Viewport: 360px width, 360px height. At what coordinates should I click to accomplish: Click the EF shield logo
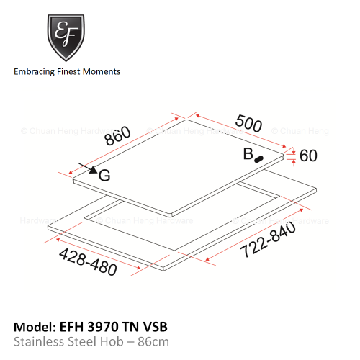coord(66,37)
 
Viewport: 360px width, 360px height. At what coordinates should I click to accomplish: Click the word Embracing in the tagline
coord(35,72)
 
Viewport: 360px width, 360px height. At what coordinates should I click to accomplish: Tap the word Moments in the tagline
coord(102,71)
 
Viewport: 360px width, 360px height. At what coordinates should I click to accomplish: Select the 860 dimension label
coord(118,135)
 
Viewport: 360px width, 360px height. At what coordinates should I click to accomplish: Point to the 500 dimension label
coord(248,124)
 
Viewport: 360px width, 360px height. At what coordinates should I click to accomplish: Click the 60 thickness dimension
coord(308,156)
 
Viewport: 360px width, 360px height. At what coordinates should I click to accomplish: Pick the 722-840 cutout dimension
coord(268,239)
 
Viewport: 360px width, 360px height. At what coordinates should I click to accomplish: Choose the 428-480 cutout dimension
coord(88,262)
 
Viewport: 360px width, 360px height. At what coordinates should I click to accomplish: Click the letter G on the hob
coord(104,176)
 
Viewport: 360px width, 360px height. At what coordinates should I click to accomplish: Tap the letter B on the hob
coord(248,154)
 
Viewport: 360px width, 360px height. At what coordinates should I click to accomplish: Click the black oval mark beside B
coord(258,159)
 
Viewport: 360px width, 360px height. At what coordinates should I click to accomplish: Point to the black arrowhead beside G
coord(94,170)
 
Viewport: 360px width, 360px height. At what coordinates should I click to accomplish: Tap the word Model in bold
coord(35,327)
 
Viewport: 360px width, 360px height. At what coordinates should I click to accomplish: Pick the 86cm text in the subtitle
coord(153,342)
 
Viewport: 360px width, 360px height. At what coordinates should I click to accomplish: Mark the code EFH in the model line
coord(71,327)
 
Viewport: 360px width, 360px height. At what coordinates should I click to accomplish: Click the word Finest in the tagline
coord(68,71)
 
